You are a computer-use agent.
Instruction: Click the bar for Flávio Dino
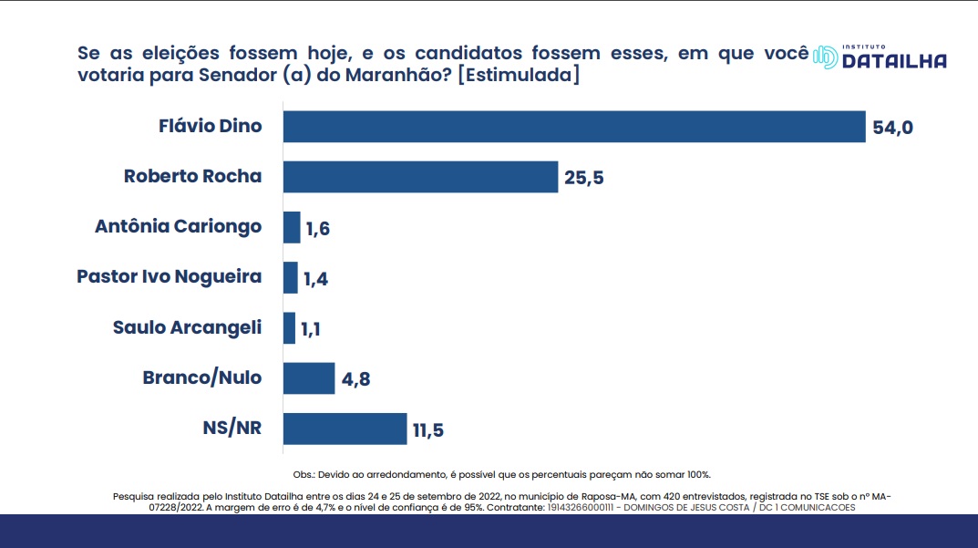pos(573,127)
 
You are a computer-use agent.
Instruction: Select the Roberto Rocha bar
pos(420,177)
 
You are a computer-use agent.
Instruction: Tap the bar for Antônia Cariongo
pos(292,227)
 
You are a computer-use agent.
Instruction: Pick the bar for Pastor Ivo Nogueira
pos(291,277)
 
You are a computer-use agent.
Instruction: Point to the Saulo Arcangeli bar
pos(290,327)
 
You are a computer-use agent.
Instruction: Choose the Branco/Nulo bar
pos(309,377)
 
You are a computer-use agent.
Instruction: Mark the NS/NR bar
pos(345,429)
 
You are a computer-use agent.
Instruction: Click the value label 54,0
pos(892,128)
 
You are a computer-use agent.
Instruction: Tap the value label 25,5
pos(584,178)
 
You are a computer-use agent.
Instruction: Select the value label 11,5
pos(428,429)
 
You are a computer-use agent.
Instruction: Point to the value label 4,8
pos(356,378)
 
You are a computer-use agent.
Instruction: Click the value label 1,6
pos(318,228)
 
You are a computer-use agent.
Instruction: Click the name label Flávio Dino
pos(211,126)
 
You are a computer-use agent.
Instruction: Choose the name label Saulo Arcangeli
pos(187,326)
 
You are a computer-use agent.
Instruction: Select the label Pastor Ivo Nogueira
pos(170,276)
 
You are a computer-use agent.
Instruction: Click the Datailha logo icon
pos(825,57)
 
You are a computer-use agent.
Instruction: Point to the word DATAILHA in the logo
pos(894,61)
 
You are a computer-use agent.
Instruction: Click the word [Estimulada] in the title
pos(518,77)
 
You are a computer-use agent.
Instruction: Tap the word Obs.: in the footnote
pos(304,475)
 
